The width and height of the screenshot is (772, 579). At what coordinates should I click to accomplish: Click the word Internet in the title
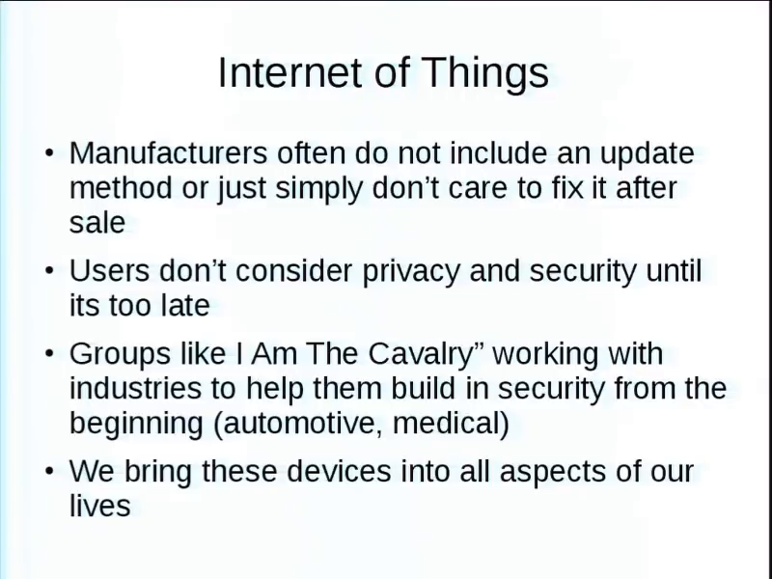(x=291, y=72)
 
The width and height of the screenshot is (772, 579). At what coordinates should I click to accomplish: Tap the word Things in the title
(x=485, y=73)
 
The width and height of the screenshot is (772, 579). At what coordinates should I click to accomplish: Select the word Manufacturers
(x=168, y=153)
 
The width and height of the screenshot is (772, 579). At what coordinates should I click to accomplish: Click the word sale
(x=97, y=223)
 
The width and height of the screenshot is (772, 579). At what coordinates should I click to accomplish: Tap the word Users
(x=109, y=271)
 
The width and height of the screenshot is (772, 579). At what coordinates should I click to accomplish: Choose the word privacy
(x=411, y=273)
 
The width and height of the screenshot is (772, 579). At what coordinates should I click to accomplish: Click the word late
(x=185, y=305)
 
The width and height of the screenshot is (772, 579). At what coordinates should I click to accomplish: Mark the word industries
(x=135, y=389)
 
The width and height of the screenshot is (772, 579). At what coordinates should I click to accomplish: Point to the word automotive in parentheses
(x=301, y=424)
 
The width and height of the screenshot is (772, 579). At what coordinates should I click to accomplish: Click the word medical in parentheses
(x=446, y=423)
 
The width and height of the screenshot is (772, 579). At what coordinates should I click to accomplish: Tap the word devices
(x=339, y=471)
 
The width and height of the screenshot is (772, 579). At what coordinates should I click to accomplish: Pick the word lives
(x=100, y=506)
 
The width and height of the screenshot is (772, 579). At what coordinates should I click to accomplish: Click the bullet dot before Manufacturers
(x=49, y=152)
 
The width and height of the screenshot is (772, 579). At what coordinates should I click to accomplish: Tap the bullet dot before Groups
(x=49, y=353)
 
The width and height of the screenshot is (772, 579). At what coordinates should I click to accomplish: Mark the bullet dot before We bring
(x=49, y=471)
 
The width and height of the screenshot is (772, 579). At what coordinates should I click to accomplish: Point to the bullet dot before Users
(x=49, y=270)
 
